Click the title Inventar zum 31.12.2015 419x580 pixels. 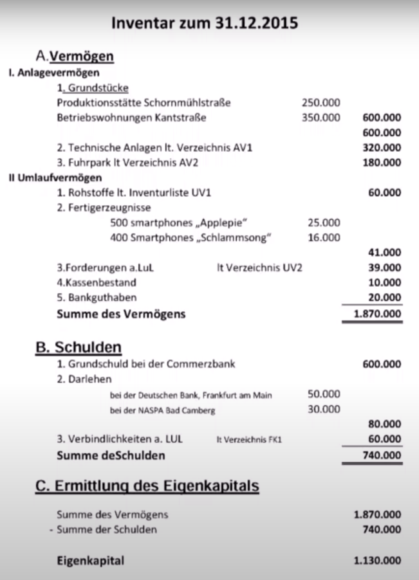pos(205,24)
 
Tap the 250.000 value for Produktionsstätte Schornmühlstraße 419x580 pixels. pos(321,102)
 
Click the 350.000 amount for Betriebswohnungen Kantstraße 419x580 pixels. pos(321,118)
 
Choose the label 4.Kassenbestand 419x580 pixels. pos(97,282)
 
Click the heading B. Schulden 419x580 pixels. pos(78,348)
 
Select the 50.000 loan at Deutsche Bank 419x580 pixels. pos(324,394)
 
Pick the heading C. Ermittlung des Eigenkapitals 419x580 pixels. pos(147,486)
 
